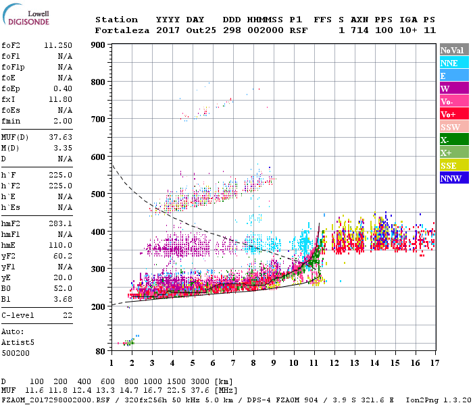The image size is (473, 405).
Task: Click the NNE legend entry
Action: pyautogui.click(x=453, y=63)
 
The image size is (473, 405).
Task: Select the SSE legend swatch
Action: pyautogui.click(x=453, y=165)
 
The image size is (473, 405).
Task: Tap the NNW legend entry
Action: pyautogui.click(x=453, y=178)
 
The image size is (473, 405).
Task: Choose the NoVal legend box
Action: pyautogui.click(x=453, y=50)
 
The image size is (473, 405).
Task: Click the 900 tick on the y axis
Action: pyautogui.click(x=99, y=45)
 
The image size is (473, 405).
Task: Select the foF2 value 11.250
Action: pyautogui.click(x=58, y=45)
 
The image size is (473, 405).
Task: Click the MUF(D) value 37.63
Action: pyautogui.click(x=60, y=137)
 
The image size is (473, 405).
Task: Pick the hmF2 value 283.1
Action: pyautogui.click(x=60, y=223)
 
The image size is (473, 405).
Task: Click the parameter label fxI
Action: pyautogui.click(x=9, y=99)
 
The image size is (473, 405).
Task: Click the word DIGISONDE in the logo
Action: pyautogui.click(x=29, y=21)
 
